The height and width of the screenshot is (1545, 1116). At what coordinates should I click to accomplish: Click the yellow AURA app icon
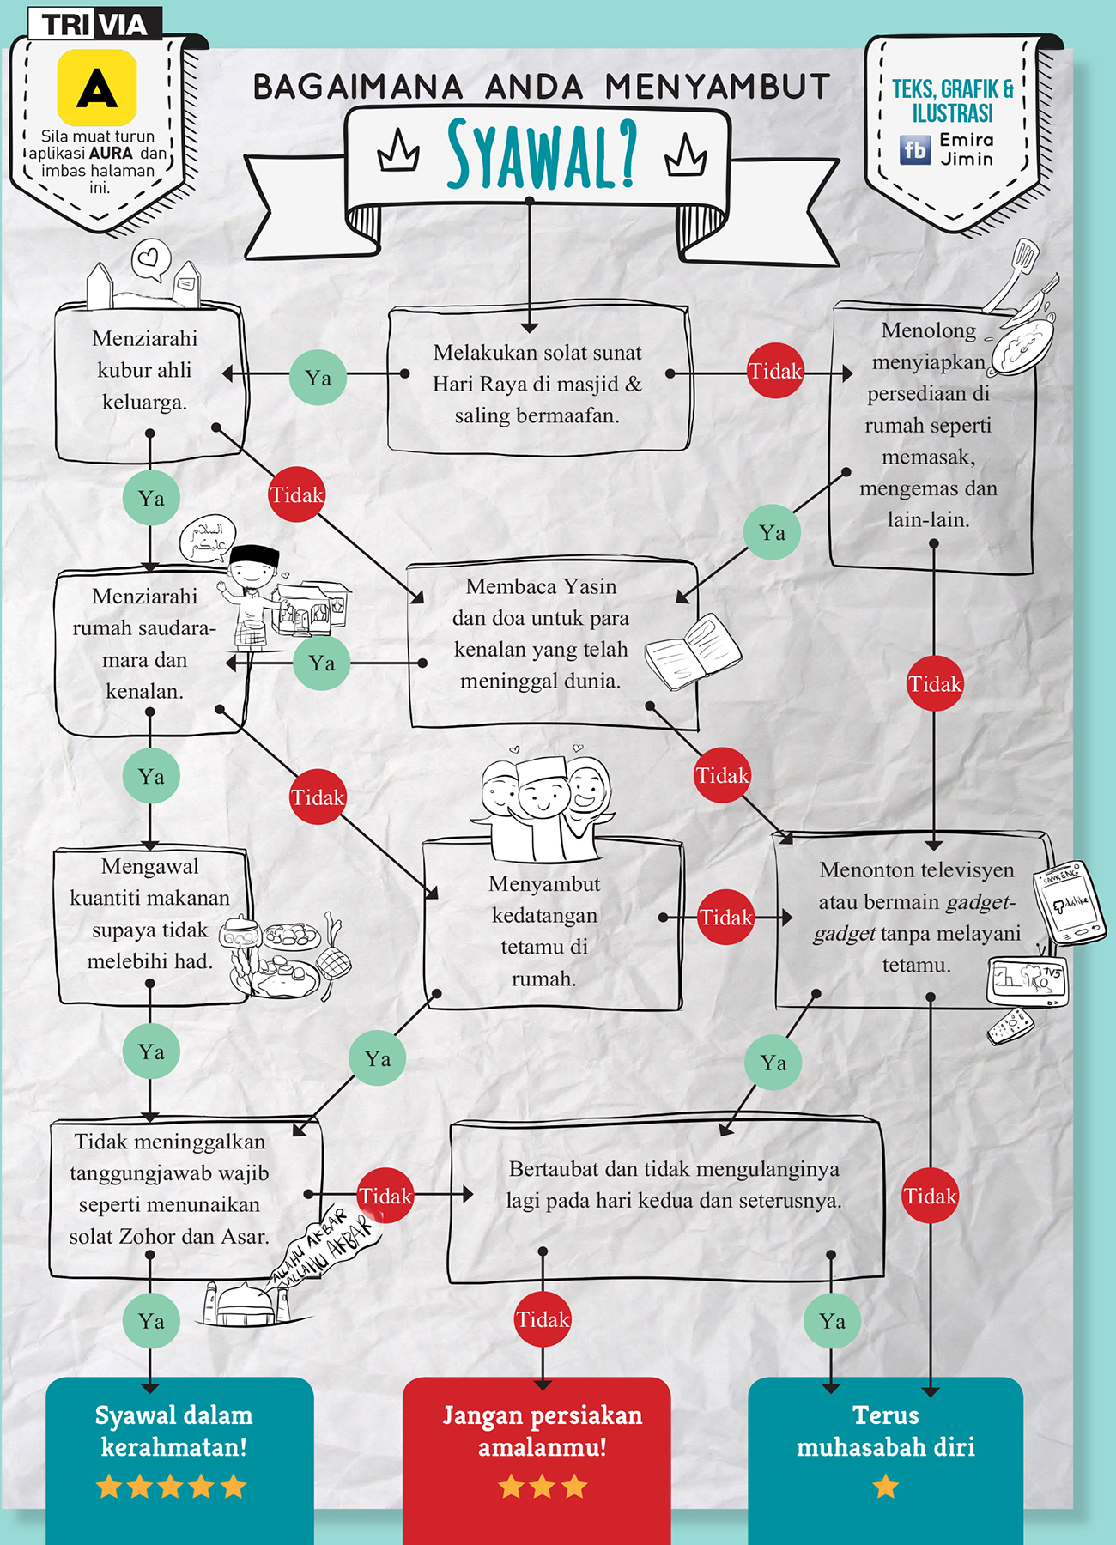pyautogui.click(x=97, y=88)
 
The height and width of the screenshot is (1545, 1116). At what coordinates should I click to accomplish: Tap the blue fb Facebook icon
pyautogui.click(x=914, y=149)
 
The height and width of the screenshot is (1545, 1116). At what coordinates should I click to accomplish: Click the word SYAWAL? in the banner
pyautogui.click(x=542, y=155)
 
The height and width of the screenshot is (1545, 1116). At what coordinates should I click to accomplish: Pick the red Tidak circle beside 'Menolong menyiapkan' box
pyautogui.click(x=775, y=371)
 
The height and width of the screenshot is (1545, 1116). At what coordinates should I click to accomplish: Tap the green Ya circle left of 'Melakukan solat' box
pyautogui.click(x=318, y=377)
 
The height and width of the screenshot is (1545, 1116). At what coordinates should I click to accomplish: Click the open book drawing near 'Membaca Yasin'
pyautogui.click(x=691, y=651)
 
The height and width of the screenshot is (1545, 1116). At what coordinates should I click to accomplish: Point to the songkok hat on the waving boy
pyautogui.click(x=256, y=556)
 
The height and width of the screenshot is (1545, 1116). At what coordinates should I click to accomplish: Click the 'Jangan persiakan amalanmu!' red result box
pyautogui.click(x=537, y=1451)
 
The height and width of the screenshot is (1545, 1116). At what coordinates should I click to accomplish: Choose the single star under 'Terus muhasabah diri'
pyautogui.click(x=885, y=1486)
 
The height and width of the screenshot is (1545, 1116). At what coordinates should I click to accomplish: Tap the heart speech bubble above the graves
pyautogui.click(x=151, y=258)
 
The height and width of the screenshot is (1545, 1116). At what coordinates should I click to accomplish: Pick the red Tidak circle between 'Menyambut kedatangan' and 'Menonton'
pyautogui.click(x=725, y=917)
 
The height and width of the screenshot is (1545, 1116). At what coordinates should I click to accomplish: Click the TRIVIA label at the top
pyautogui.click(x=94, y=25)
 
